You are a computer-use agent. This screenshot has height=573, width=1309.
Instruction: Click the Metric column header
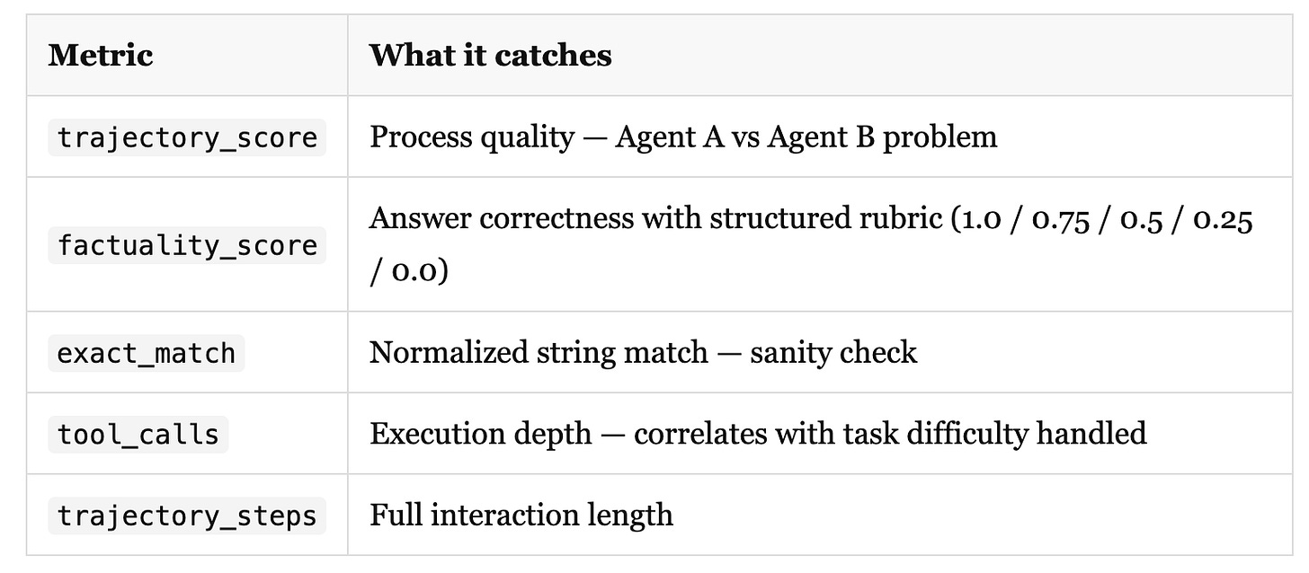coord(101,55)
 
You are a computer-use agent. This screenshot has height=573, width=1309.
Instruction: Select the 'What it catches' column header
coord(490,55)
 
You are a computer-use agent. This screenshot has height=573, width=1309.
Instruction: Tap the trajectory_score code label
coord(187,137)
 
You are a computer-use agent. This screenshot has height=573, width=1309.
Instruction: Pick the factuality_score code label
coord(187,245)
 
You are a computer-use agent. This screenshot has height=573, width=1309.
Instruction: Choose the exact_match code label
coord(146,353)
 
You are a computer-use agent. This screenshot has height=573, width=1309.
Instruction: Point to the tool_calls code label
coord(138,434)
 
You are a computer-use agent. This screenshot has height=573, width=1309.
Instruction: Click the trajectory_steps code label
coord(187,516)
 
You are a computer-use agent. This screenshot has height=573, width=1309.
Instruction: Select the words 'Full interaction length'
coord(521,515)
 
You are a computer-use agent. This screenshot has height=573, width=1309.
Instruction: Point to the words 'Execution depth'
coord(480,434)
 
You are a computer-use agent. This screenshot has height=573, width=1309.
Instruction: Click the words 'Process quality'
coord(471,137)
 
